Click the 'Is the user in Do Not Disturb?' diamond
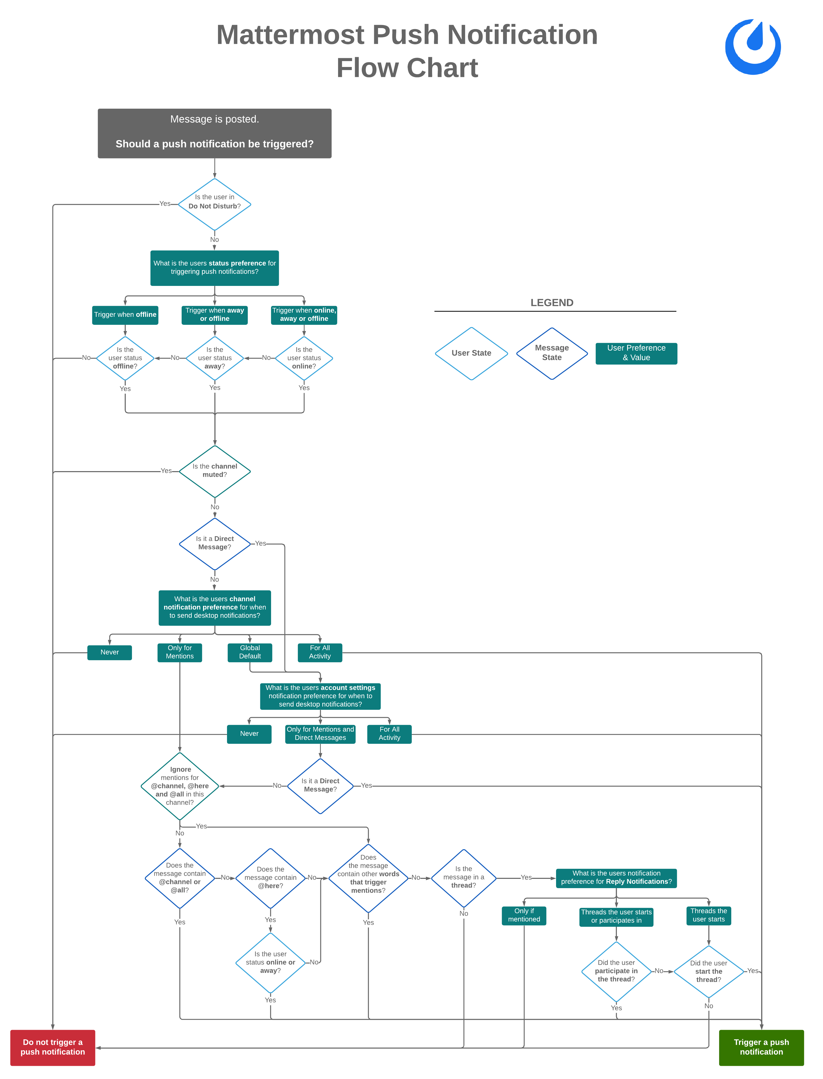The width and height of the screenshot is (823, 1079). click(x=215, y=205)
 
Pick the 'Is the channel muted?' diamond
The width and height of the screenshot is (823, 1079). click(x=215, y=471)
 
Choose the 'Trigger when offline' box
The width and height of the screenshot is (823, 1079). click(x=125, y=315)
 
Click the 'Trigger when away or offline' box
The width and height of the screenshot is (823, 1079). click(x=215, y=315)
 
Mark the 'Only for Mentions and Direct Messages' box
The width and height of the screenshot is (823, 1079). click(x=320, y=734)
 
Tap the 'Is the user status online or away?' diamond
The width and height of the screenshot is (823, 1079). click(x=270, y=963)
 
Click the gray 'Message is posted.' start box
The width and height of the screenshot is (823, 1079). click(x=215, y=133)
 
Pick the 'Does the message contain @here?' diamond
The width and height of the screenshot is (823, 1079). click(x=270, y=878)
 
